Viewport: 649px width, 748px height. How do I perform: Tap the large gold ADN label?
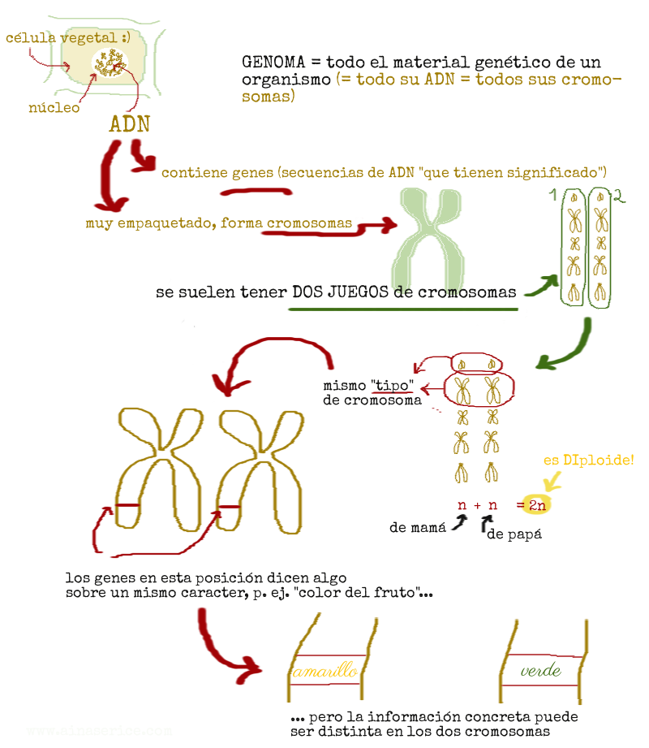tap(129, 123)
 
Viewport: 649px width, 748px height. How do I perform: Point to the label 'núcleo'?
tap(54, 107)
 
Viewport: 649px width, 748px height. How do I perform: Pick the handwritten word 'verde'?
tap(540, 671)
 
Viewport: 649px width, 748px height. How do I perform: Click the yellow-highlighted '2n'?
tap(536, 505)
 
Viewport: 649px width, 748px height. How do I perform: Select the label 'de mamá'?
tap(418, 528)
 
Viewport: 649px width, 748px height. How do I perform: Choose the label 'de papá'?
tap(514, 535)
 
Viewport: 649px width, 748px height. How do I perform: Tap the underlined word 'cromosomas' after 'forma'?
tap(309, 223)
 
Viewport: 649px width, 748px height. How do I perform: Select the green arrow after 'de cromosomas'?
tap(541, 285)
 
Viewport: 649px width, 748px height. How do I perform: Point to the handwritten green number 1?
tap(552, 196)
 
